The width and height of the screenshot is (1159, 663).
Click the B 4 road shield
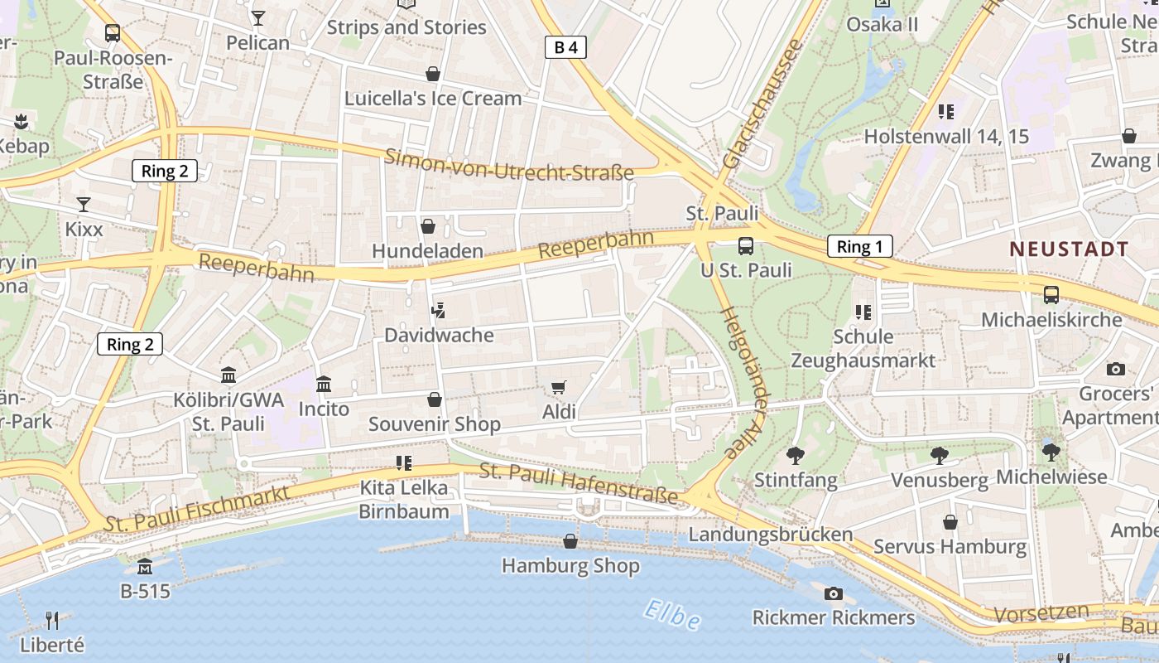click(x=565, y=47)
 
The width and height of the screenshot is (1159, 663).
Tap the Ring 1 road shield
click(x=859, y=246)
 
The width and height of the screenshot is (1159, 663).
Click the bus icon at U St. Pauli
click(x=746, y=245)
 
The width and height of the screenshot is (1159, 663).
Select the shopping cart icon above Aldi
click(x=559, y=388)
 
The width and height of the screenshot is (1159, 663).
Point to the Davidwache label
click(x=439, y=336)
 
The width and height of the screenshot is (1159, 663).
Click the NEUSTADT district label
click(x=1069, y=249)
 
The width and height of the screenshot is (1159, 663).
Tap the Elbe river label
click(x=671, y=616)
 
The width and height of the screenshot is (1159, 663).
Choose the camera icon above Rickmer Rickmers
click(x=834, y=593)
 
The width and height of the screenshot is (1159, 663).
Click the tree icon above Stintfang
click(x=796, y=455)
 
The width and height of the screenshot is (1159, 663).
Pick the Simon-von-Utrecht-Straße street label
click(x=509, y=163)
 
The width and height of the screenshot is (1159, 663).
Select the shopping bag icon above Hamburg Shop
click(x=570, y=542)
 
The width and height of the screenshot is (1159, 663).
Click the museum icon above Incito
click(x=324, y=385)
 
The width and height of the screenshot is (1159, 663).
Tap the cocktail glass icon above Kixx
click(x=84, y=204)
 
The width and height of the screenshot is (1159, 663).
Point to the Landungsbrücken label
click(x=770, y=535)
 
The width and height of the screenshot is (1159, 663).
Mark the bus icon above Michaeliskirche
click(x=1051, y=294)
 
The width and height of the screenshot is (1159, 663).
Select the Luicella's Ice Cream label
click(x=433, y=99)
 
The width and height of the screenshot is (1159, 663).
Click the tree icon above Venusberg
click(x=939, y=455)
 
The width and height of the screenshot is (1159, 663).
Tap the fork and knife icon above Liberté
click(x=52, y=621)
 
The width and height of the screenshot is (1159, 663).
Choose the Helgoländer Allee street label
click(x=742, y=383)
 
